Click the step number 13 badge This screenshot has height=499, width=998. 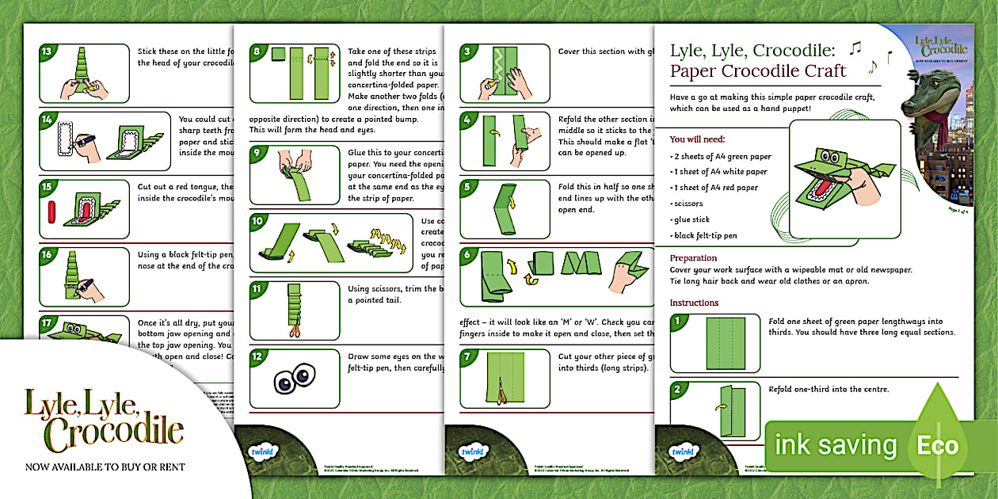point(47,52)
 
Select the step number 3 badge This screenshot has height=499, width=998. point(468,52)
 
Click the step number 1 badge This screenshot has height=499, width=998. point(678,322)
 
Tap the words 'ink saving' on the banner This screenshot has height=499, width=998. point(836,446)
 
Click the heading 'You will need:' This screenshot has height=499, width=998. point(698,139)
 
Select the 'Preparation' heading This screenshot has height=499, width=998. point(694,258)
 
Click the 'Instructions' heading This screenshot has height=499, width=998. point(694,303)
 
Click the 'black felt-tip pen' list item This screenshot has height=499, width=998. point(706,235)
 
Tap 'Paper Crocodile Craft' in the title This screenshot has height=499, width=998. point(758,71)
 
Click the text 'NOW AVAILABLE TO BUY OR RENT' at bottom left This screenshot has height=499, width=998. point(105,467)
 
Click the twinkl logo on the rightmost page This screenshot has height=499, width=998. point(680,451)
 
